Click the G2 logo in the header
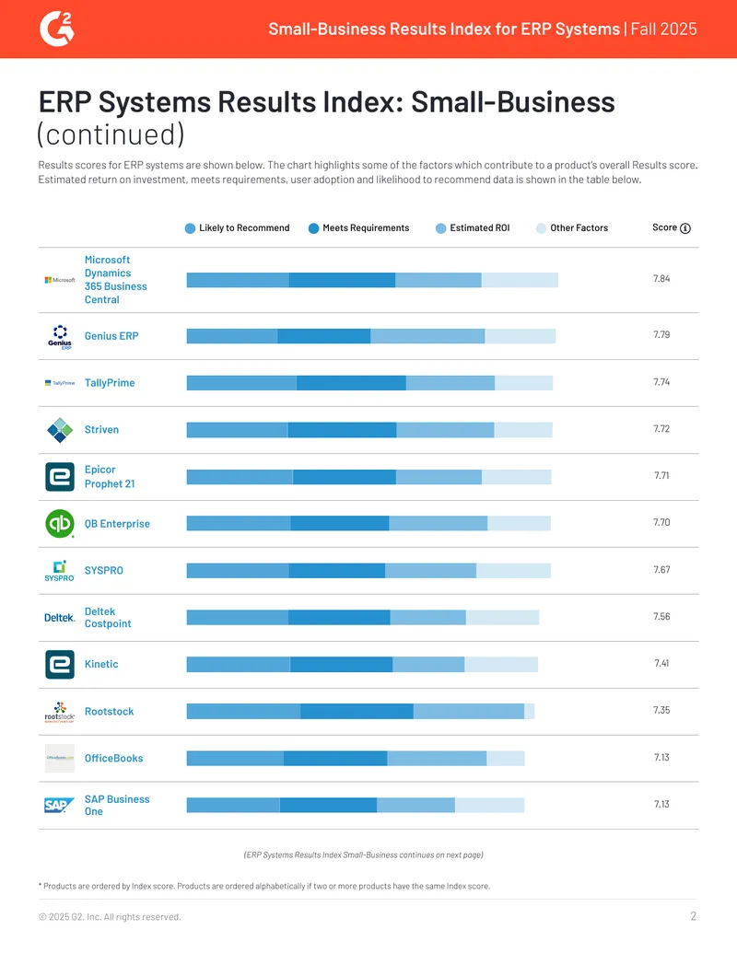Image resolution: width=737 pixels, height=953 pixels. tap(56, 29)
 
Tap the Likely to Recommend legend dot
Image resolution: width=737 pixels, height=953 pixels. tap(190, 228)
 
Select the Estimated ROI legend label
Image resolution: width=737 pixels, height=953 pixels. tap(480, 228)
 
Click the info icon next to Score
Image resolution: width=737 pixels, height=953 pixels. tap(685, 228)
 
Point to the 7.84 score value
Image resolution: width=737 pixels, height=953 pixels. tap(661, 279)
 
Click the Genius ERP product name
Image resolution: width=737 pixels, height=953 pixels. tap(111, 336)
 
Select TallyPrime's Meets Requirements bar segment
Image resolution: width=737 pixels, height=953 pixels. tap(352, 383)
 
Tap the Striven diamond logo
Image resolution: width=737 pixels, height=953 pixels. tap(60, 430)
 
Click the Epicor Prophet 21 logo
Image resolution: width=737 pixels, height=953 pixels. tap(60, 477)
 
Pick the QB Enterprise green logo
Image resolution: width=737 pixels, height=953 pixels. tap(60, 523)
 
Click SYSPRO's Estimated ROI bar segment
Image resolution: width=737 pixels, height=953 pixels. tap(430, 571)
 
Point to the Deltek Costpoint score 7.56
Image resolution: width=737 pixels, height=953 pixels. tap(661, 616)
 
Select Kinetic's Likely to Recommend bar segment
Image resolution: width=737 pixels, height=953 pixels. tap(239, 664)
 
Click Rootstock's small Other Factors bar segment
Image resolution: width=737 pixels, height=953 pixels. tap(530, 711)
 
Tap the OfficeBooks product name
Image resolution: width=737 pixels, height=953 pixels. tap(113, 759)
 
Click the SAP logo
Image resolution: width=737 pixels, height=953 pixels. tap(59, 806)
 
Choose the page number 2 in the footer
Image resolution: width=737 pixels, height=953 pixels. tap(693, 916)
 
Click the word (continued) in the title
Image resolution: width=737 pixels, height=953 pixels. tap(111, 134)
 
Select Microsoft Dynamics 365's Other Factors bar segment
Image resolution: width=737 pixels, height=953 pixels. tap(520, 280)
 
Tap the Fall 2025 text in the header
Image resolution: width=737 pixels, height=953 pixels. tap(663, 29)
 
